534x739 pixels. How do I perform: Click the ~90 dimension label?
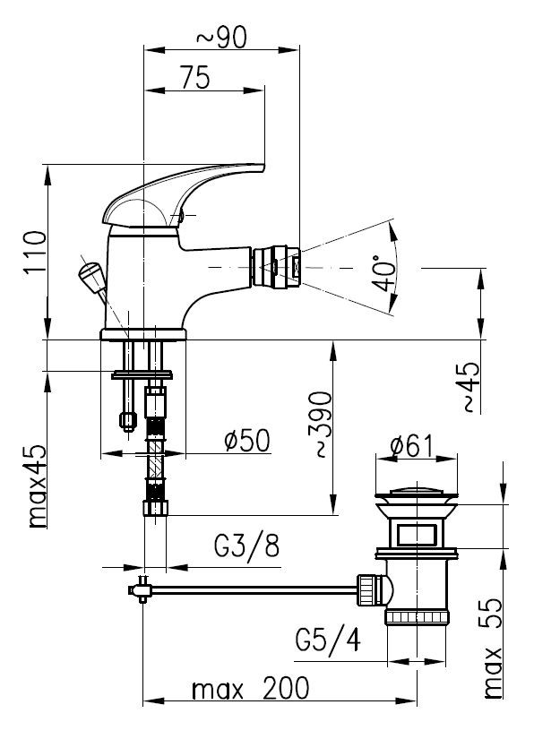pyautogui.click(x=221, y=38)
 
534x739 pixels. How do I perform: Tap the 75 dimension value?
pyautogui.click(x=195, y=78)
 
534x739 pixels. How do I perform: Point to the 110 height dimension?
pyautogui.click(x=36, y=252)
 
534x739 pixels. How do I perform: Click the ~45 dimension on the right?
pyautogui.click(x=469, y=387)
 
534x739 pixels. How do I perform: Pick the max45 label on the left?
pyautogui.click(x=37, y=486)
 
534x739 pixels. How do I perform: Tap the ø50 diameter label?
pyautogui.click(x=247, y=441)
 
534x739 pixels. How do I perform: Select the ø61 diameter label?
pyautogui.click(x=411, y=446)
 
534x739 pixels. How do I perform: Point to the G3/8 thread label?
pyautogui.click(x=247, y=546)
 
